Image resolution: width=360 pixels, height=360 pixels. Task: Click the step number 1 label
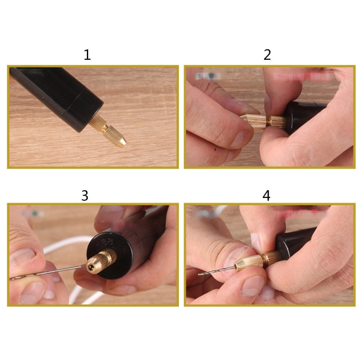point(87,55)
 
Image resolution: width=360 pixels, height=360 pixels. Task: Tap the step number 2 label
point(267,55)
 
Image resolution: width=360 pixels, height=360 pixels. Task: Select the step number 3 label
point(85,196)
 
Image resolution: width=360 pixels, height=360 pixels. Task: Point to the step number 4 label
point(267,196)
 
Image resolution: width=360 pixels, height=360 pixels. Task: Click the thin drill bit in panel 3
point(49,274)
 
